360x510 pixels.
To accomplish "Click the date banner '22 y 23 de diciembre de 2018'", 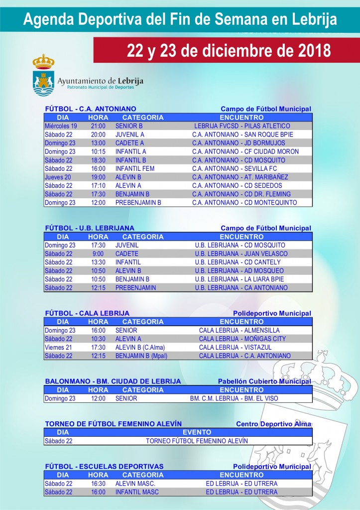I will pos(229,50).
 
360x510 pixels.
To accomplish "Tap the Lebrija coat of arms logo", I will pos(43,76).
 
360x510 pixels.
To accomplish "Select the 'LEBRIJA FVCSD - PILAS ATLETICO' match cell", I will pos(242,126).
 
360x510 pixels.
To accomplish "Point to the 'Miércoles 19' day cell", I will pos(61,126).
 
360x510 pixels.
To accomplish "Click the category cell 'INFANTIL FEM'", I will pos(135,168).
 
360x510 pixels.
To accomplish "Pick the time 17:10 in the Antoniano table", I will pos(98,186).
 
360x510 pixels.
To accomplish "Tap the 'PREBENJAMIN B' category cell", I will pos(138,203).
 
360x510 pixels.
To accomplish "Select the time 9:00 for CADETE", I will pos(98,254).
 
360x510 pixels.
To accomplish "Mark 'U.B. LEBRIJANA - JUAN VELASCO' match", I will pos(241,254).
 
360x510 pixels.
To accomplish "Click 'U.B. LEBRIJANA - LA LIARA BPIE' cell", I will pos(241,279).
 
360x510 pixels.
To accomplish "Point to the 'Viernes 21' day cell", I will pos(58,347).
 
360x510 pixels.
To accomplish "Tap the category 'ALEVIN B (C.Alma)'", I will pos(140,347).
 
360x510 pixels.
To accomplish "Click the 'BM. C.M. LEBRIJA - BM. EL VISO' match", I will pos(234,398).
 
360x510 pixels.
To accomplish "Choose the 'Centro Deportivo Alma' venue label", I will pos(273,424).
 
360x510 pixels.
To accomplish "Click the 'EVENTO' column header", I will pos(197,432).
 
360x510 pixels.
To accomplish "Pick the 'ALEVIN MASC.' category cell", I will pos(135,484).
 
